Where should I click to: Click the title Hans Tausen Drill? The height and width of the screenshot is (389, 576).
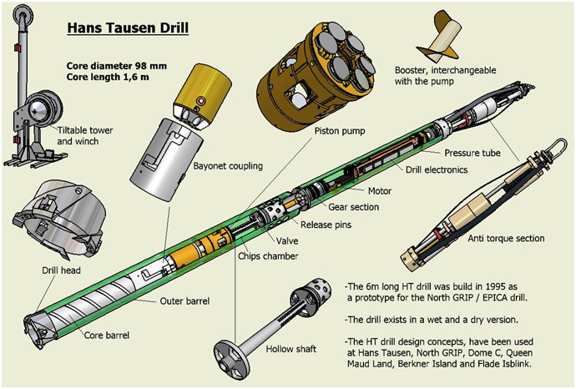point(128,28)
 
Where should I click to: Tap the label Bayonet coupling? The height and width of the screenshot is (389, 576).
point(228,166)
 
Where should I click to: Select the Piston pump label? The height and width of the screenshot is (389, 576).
point(340,131)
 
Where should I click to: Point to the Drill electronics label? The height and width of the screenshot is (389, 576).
point(437,169)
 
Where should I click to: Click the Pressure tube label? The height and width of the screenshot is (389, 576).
point(472,153)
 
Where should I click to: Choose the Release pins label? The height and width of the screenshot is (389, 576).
point(326,225)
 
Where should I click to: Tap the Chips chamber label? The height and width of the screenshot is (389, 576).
point(268,256)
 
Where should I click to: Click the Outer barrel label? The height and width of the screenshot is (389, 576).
point(184,301)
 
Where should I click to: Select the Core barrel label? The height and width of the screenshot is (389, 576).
point(107,336)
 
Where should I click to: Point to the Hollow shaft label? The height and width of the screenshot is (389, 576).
point(291,349)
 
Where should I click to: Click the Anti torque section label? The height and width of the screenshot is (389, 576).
point(506,239)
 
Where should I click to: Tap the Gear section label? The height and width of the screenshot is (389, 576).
point(353,207)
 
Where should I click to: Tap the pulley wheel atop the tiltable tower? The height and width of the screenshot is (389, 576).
point(23,15)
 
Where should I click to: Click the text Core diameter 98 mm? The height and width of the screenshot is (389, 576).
point(116,66)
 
